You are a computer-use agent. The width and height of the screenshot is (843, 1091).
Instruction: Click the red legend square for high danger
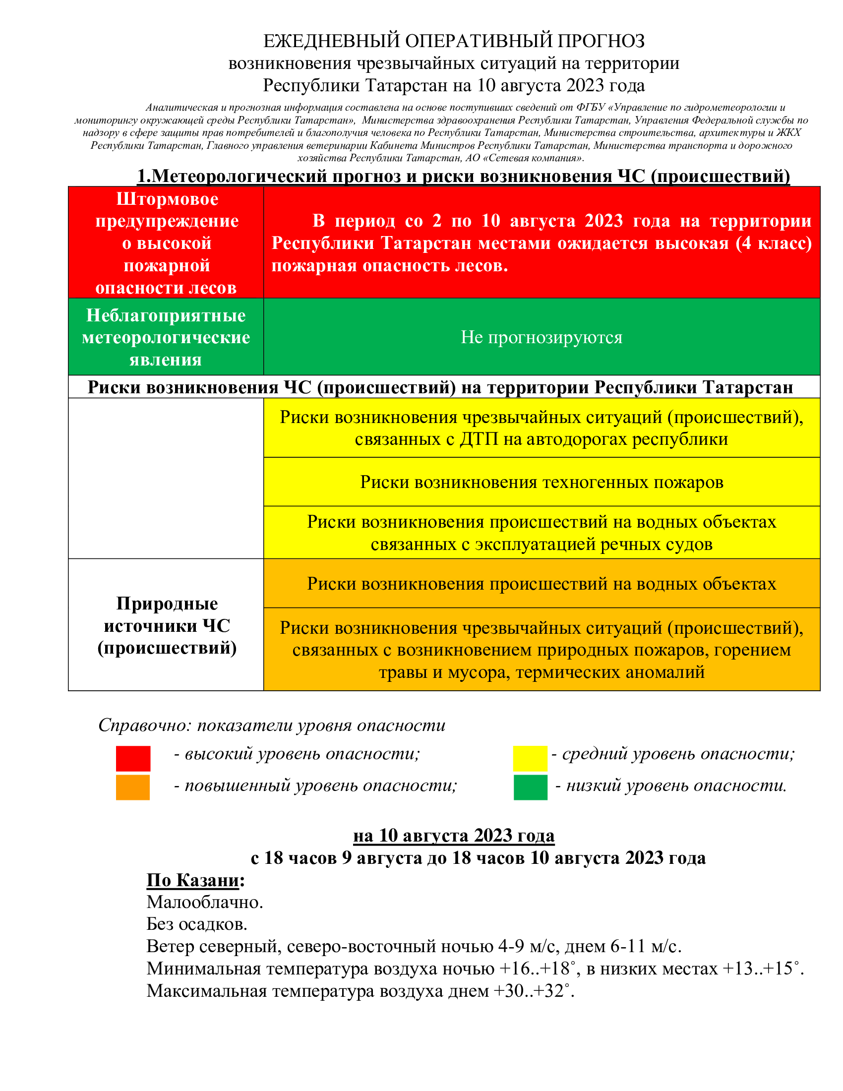(x=133, y=758)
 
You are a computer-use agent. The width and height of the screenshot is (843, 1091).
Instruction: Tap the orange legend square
(x=133, y=788)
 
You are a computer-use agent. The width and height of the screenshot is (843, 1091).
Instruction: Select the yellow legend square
(x=530, y=758)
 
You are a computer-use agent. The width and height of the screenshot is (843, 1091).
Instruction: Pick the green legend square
(x=531, y=788)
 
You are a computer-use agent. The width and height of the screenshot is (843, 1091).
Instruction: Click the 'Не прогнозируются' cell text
(x=542, y=337)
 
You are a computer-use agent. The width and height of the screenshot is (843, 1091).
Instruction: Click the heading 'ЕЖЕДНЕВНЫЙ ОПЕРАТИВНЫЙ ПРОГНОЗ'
(x=454, y=41)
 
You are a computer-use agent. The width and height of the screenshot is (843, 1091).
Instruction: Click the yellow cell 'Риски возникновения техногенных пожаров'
(x=542, y=482)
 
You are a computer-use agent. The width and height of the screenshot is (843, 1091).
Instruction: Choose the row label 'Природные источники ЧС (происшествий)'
(x=167, y=625)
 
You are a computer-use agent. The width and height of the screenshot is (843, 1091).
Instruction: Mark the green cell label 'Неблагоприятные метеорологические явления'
(x=166, y=337)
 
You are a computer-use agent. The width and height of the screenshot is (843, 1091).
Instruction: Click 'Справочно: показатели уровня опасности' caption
(x=272, y=726)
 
